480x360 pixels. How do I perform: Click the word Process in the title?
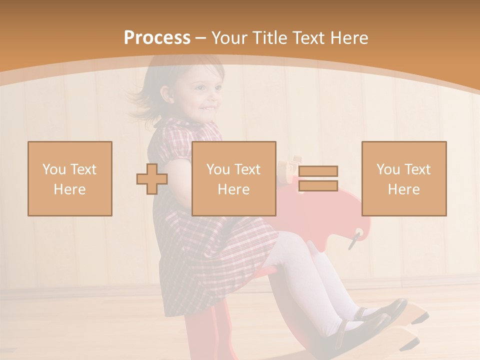(157, 38)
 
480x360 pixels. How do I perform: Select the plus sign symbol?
(152, 179)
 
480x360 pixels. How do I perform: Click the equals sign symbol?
(318, 178)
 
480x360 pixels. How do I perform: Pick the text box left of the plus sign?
(70, 178)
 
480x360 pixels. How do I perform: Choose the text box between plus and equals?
(234, 178)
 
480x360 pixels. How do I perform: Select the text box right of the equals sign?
(404, 178)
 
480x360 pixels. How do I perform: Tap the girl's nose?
(218, 95)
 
